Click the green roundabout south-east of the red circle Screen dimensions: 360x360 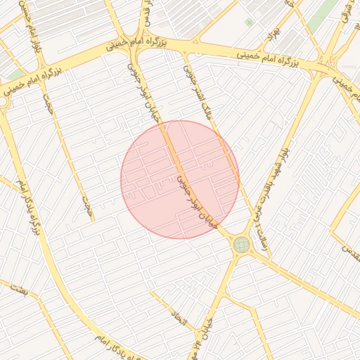242,245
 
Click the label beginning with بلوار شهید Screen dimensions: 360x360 274,169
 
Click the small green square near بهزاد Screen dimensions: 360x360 249,22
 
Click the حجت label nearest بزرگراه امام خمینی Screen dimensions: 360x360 47,103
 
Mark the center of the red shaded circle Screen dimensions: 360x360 180,179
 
